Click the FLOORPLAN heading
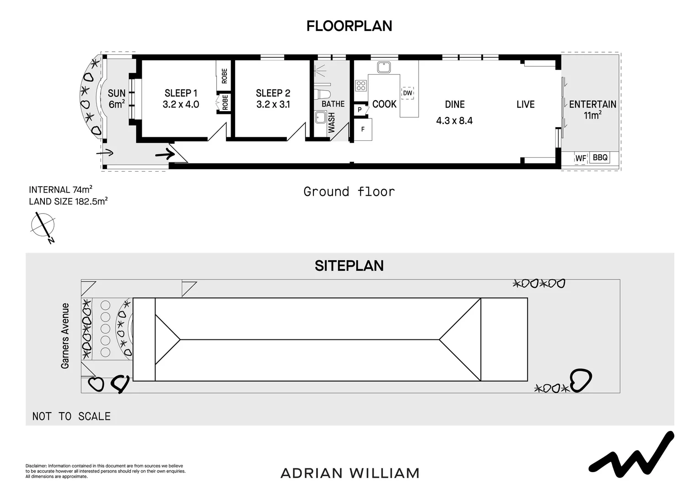(349, 26)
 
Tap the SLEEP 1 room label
(181, 93)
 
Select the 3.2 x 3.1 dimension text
(273, 104)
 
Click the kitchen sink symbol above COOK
(384, 67)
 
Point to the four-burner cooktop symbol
(361, 86)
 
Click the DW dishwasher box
(408, 93)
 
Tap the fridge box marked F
(363, 129)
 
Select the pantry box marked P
(360, 109)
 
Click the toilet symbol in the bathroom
(322, 94)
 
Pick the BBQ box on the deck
(600, 157)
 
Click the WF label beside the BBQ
(581, 158)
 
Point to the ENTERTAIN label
(592, 104)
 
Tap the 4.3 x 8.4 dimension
(454, 120)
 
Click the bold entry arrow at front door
(165, 154)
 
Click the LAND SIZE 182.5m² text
(68, 201)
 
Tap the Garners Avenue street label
(65, 336)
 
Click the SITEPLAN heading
(349, 266)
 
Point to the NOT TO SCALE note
(71, 416)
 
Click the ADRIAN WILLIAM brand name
(350, 473)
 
